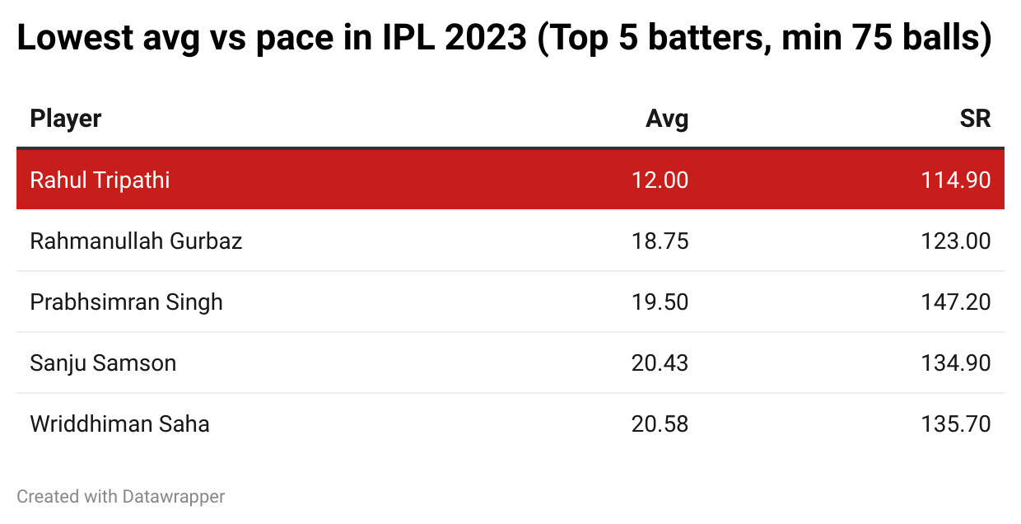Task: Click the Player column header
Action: coord(66,119)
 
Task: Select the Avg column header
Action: coord(667,119)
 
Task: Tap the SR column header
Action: coord(975,119)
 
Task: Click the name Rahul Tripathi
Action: coord(100,180)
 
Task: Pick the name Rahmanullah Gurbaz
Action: coord(136,241)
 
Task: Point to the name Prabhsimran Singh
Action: coord(126,302)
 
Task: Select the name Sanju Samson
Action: coord(103,363)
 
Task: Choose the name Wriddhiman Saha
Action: coord(119,423)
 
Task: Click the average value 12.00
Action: coord(660,180)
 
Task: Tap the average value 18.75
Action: coord(660,241)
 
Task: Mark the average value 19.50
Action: coord(660,302)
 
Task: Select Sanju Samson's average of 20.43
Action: coord(660,363)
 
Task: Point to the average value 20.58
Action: coord(660,423)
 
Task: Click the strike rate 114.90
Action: coord(956,180)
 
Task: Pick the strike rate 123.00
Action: coord(956,241)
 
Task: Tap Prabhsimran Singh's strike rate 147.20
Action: coord(956,302)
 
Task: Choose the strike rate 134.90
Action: coord(956,363)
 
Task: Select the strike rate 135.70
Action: coord(956,423)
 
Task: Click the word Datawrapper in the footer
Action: coord(174,497)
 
